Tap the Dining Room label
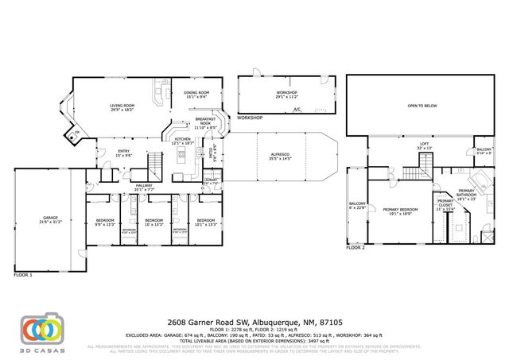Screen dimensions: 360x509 coord(196,95)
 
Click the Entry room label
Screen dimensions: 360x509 coord(124,153)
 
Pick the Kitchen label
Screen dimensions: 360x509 coord(183,141)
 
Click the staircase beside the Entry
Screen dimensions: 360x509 coord(154,165)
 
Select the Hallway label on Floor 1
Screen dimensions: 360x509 coord(143,188)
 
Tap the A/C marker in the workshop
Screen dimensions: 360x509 coord(296,109)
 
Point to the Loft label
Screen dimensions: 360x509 coord(425,145)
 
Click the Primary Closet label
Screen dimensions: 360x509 coord(445,203)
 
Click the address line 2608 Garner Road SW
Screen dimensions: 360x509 coord(254,323)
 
